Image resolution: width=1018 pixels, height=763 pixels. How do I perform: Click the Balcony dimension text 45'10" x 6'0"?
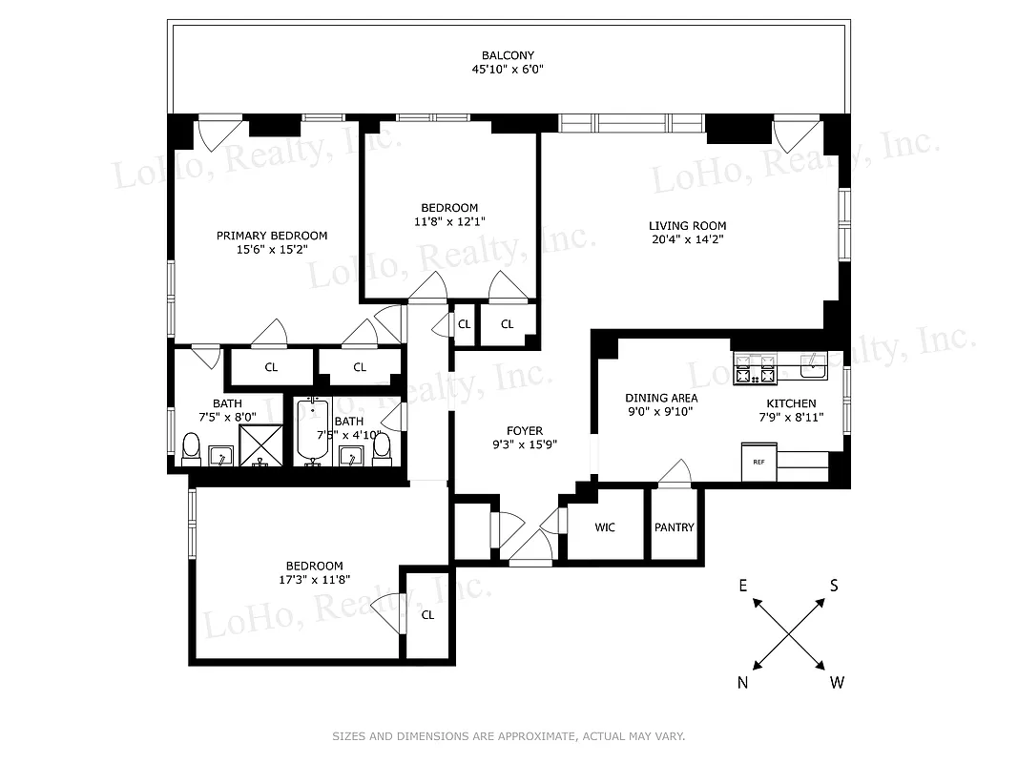tap(508, 70)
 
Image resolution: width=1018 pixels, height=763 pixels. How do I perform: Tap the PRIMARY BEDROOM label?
tap(272, 236)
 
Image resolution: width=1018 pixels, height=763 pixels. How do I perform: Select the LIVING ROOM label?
tap(682, 226)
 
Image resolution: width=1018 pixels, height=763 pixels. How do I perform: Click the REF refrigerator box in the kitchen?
tap(759, 463)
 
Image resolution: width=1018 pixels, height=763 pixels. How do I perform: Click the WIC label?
tap(605, 527)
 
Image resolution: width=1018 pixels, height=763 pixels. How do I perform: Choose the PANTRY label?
tap(675, 527)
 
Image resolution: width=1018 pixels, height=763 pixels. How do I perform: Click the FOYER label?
tap(525, 431)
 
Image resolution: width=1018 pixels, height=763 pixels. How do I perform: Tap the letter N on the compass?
tap(743, 682)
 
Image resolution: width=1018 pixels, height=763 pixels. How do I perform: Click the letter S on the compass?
tap(833, 587)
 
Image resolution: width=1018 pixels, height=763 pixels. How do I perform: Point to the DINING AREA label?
tap(661, 398)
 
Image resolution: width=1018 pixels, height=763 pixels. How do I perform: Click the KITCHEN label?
tap(791, 403)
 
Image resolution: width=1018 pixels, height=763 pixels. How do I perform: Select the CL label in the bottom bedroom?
tap(427, 615)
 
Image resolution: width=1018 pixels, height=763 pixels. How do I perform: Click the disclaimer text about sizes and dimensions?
tap(509, 736)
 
